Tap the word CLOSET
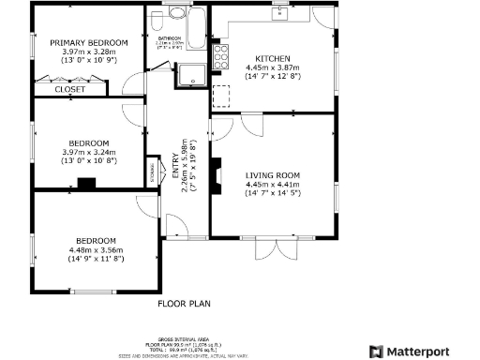click(x=69, y=90)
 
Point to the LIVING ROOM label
click(x=272, y=175)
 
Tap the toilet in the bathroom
click(x=175, y=15)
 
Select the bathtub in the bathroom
click(x=197, y=28)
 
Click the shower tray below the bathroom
click(x=192, y=76)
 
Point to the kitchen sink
click(x=279, y=13)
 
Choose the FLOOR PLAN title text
click(x=184, y=303)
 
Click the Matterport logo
click(x=419, y=350)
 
